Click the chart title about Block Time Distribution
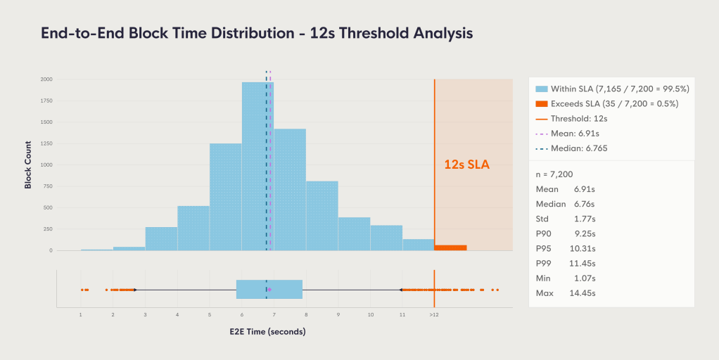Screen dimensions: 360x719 257,33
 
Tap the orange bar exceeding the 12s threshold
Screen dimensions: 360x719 450,247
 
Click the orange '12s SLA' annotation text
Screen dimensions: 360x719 466,165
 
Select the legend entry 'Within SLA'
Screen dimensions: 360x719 611,89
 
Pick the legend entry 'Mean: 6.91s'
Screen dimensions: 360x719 577,133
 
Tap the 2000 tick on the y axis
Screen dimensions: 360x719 45,79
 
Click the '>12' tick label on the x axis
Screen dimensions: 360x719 434,316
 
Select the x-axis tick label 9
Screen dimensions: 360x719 338,316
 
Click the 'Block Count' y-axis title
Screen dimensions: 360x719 28,165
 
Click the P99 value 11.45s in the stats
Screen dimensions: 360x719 582,263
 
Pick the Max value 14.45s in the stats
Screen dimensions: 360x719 582,292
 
